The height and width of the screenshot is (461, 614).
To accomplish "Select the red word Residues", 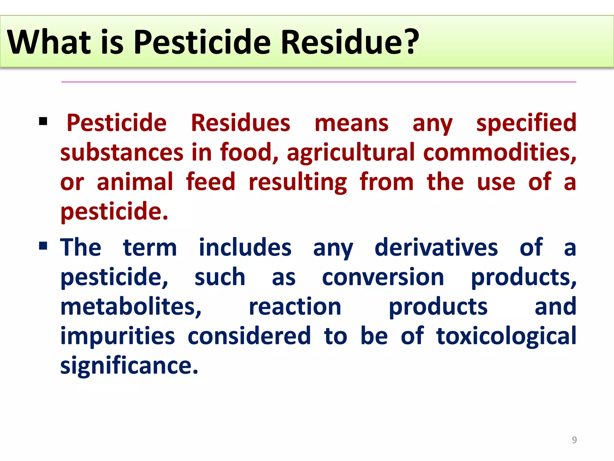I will click(240, 123).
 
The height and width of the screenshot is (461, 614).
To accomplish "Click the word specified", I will click(526, 123).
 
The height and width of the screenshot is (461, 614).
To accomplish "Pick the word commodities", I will click(499, 152).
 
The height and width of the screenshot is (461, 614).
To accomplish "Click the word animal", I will click(135, 182).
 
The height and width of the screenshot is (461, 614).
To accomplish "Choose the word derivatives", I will click(436, 248).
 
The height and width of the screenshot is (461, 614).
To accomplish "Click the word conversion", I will click(383, 277).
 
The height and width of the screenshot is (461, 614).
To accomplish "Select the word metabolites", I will click(131, 307).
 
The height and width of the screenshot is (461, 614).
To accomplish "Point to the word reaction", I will click(295, 307).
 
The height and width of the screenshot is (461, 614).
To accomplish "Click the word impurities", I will click(118, 336).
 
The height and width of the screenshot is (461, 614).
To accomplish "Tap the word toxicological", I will click(506, 336).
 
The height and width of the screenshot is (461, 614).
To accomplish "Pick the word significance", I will click(129, 366).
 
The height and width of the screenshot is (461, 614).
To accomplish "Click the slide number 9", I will click(574, 440).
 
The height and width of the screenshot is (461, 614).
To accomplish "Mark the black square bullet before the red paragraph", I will click(43, 122).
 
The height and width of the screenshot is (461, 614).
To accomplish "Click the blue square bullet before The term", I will click(43, 246).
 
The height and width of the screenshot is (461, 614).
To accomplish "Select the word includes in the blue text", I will click(245, 248).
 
